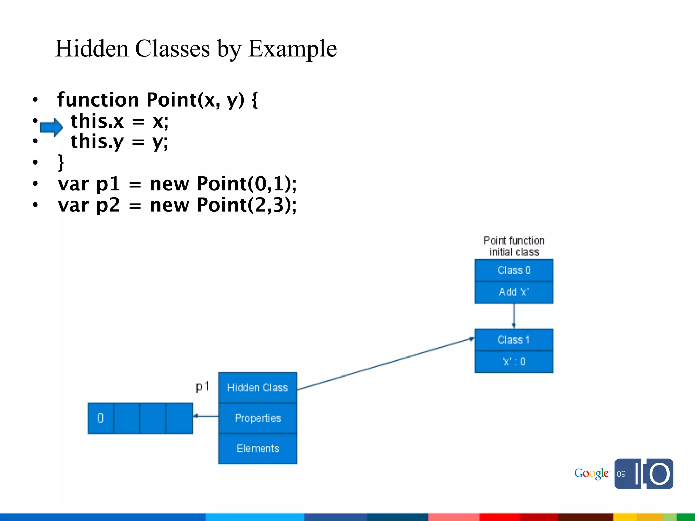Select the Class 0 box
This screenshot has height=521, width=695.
[x=514, y=270]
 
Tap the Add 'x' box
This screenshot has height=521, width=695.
[x=514, y=292]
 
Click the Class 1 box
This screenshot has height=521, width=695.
[x=514, y=340]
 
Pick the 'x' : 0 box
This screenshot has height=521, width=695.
[x=514, y=362]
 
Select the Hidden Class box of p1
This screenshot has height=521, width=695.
[x=258, y=388]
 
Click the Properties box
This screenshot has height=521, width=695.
[x=258, y=418]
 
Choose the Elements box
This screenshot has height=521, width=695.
[x=258, y=448]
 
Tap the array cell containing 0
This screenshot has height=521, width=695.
[x=100, y=418]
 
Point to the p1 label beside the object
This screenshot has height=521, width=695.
[x=203, y=387]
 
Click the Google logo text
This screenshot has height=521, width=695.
[x=591, y=474]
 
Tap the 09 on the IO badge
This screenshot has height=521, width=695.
[x=621, y=474]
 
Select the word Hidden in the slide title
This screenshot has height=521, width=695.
[x=92, y=49]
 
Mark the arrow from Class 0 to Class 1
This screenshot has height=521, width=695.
[x=514, y=316]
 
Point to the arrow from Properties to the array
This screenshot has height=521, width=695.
[x=206, y=416]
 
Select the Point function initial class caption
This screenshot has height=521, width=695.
[x=514, y=246]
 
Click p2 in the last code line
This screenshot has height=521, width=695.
[x=108, y=205]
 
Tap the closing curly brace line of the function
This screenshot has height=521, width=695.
[x=61, y=162]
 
